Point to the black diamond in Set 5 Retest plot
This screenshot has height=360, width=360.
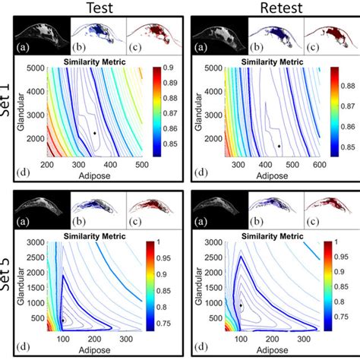coord(241,305)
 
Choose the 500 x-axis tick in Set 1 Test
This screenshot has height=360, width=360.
coord(142,164)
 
